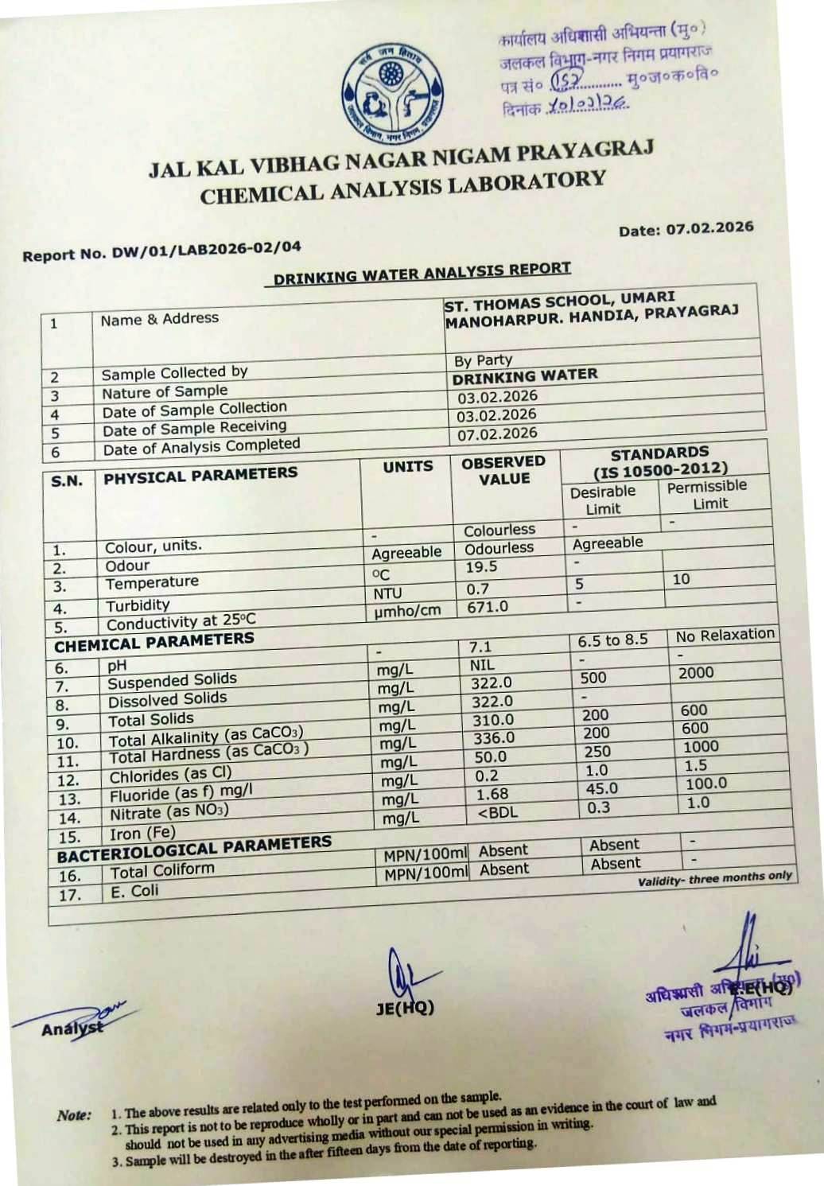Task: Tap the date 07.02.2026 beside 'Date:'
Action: click(709, 227)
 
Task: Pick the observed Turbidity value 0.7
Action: click(477, 589)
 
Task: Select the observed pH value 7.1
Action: click(480, 647)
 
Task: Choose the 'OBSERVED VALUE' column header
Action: click(503, 470)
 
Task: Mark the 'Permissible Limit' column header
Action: click(708, 494)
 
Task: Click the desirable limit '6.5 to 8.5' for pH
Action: click(612, 640)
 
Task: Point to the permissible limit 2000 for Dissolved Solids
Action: click(696, 673)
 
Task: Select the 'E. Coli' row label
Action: click(134, 891)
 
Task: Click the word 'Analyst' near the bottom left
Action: click(72, 1029)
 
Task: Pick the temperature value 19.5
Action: click(481, 567)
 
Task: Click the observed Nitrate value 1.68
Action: click(492, 794)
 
